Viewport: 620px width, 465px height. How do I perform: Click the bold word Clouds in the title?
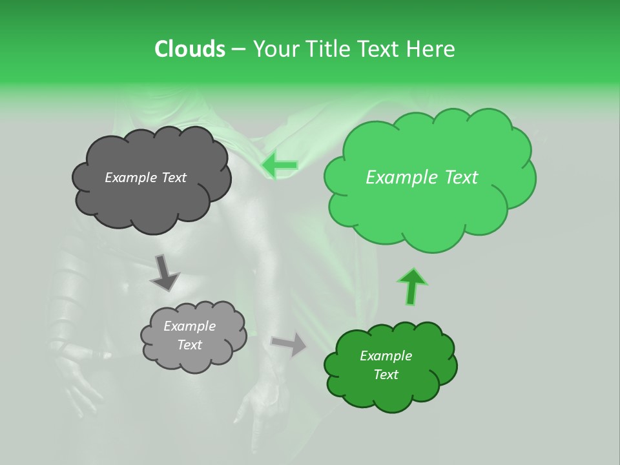point(189,49)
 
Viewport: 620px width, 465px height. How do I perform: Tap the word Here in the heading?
point(431,49)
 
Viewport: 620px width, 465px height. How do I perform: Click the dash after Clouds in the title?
point(238,50)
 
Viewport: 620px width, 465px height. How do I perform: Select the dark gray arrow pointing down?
point(165,273)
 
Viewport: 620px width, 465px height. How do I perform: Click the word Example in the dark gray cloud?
point(131,178)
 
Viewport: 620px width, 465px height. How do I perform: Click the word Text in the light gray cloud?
point(189,345)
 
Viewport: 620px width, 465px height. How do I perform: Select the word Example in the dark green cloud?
point(386,356)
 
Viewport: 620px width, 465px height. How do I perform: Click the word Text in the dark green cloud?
point(386,375)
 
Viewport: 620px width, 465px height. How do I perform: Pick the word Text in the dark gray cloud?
point(173,178)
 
